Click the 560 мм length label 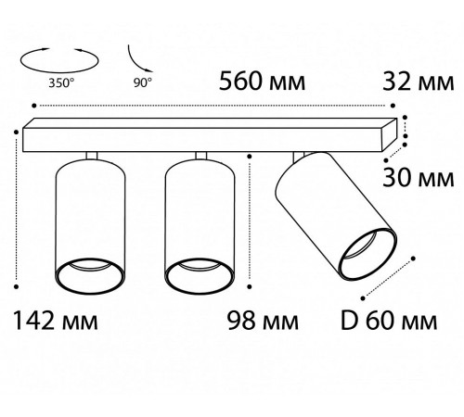coord(262,82)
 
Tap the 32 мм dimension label coord(419,82)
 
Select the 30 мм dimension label coord(419,178)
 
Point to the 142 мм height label coord(56,321)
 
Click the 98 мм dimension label coord(263,321)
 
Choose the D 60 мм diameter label coord(389,321)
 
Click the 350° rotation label coord(61,82)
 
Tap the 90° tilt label coord(143,82)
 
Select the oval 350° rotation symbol coord(59,71)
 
